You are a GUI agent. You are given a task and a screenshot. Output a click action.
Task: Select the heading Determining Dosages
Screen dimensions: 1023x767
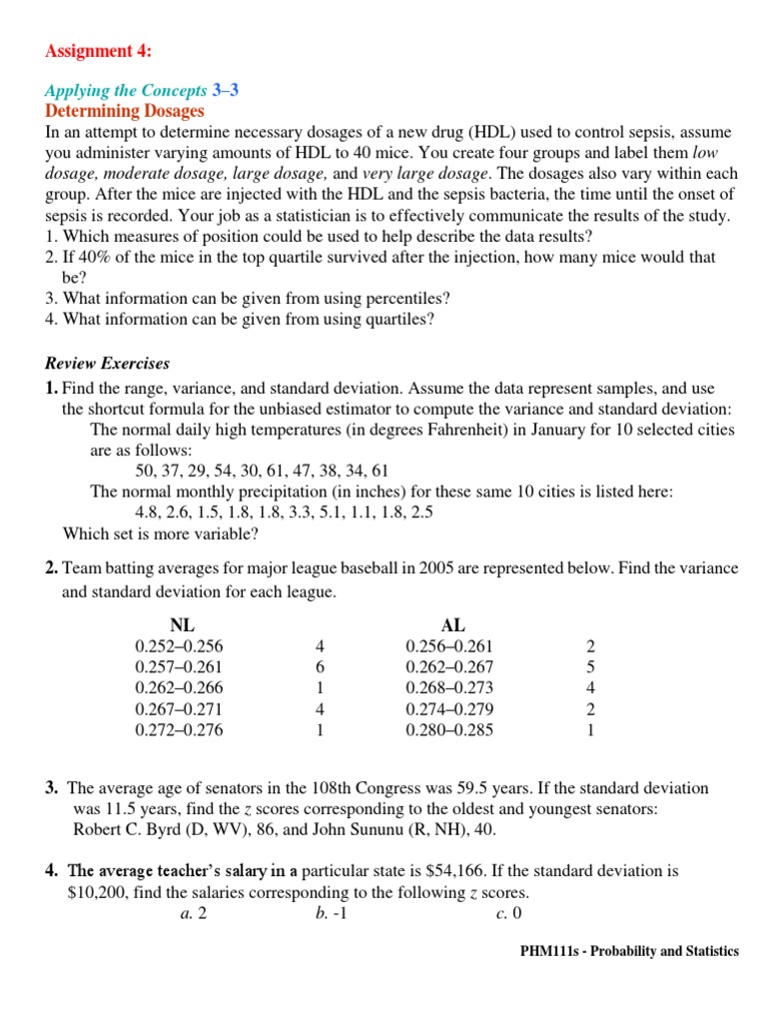coord(125,111)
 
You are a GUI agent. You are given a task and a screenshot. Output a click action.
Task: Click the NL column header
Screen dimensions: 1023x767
coord(183,625)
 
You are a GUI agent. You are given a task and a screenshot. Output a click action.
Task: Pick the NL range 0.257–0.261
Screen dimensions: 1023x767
coord(179,667)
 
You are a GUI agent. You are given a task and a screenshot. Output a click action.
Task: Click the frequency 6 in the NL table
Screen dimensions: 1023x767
coord(320,667)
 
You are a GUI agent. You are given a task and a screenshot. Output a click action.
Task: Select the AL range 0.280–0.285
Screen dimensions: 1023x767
coord(449,730)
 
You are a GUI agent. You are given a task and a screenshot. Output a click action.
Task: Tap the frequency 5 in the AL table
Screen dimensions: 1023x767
coord(591,667)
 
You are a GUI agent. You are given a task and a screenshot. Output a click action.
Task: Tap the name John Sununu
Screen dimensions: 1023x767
coord(365,830)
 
